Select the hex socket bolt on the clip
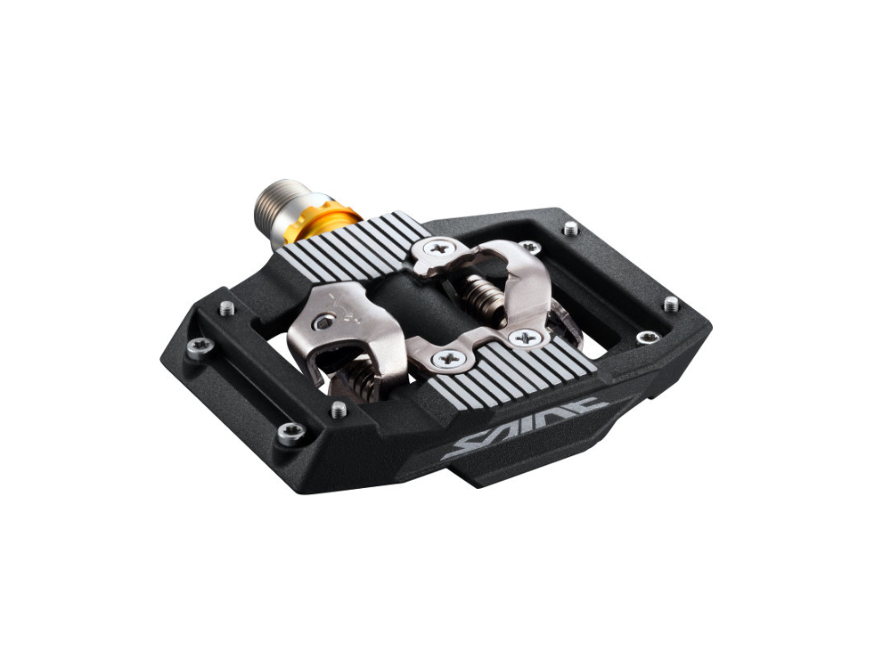323,323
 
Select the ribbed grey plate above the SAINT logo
511,370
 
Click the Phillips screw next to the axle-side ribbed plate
438,248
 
